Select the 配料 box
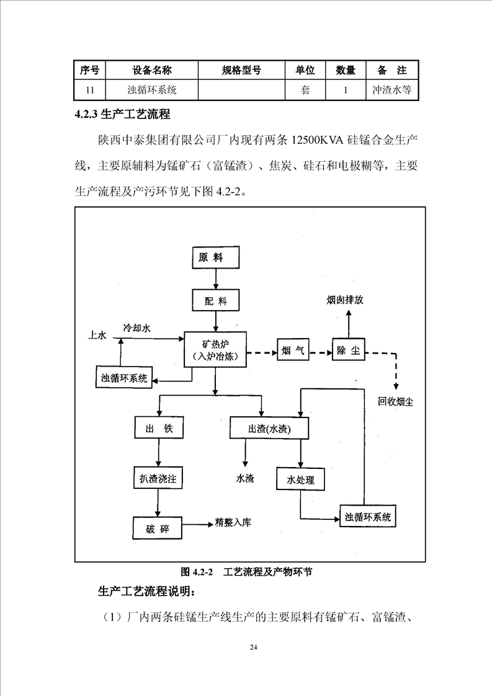[x=215, y=301]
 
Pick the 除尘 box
[x=347, y=351]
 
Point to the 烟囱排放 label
[x=345, y=300]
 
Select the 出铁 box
[x=159, y=429]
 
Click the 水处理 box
[x=301, y=480]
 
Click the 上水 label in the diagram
[x=99, y=336]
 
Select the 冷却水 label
[x=136, y=327]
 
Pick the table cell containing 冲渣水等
[x=391, y=89]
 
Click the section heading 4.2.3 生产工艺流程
[x=122, y=114]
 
